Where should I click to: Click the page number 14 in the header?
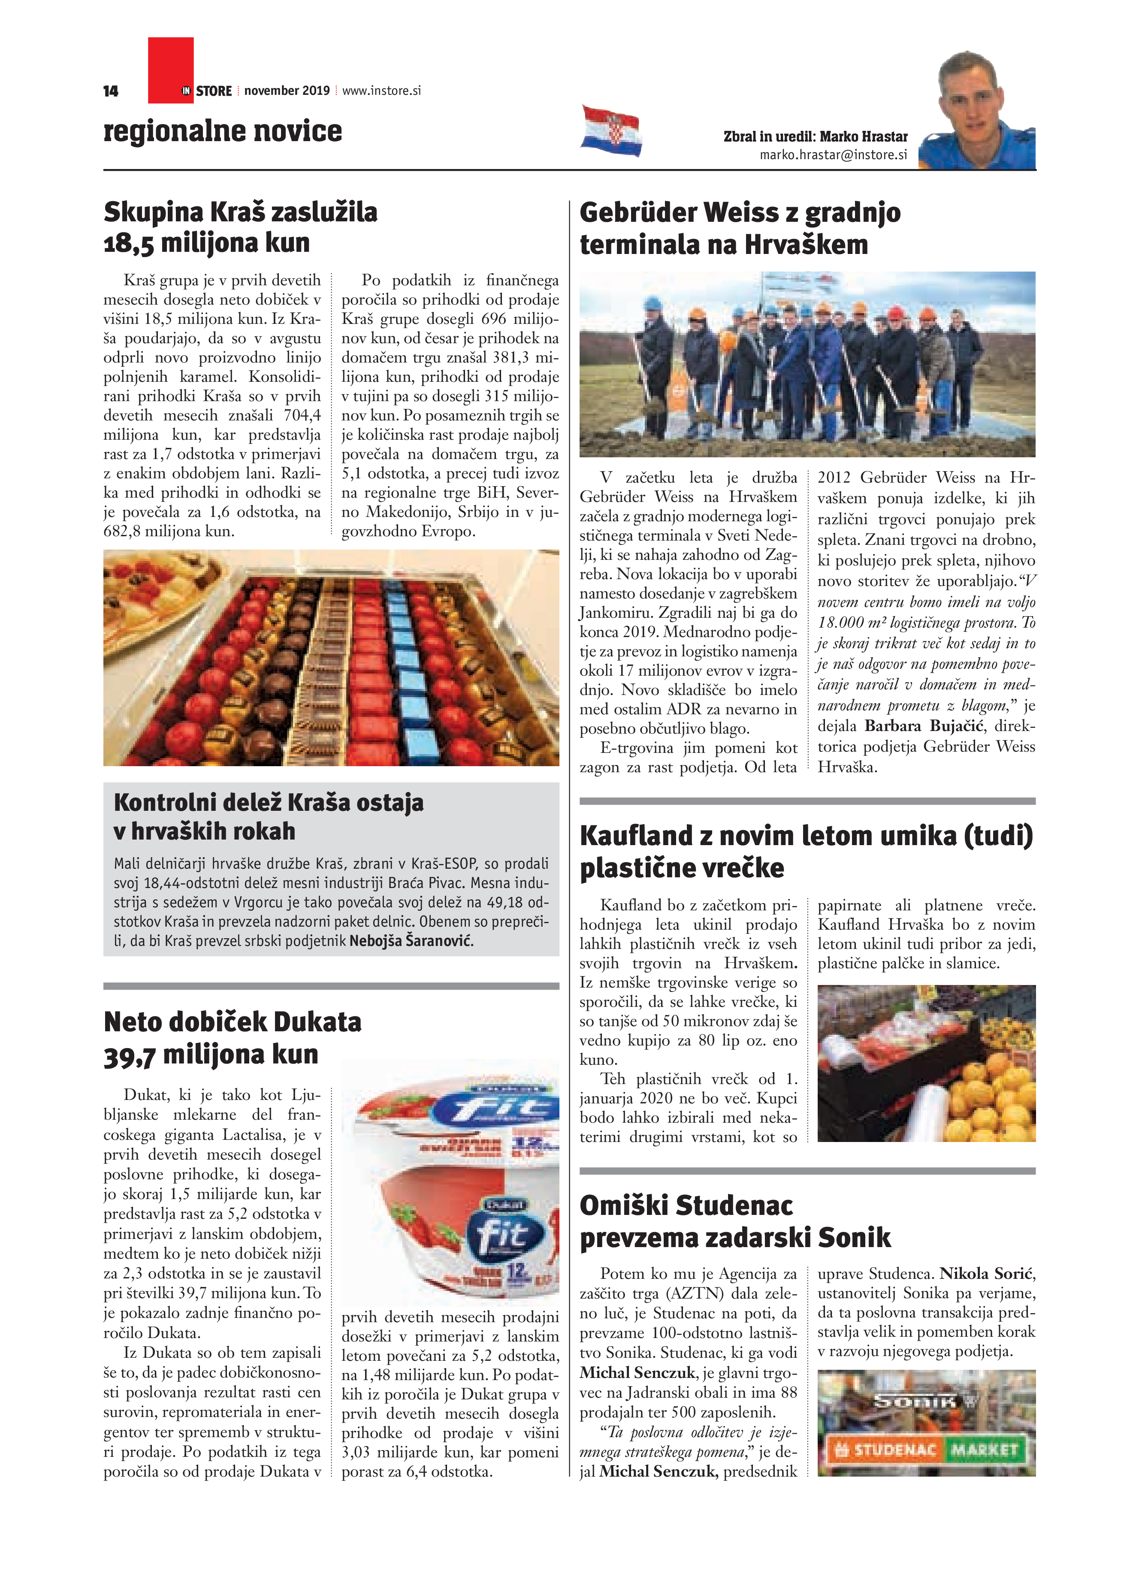tap(111, 91)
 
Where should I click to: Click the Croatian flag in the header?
tap(611, 130)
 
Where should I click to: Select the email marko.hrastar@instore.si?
tap(833, 155)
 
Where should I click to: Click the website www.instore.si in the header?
tap(382, 91)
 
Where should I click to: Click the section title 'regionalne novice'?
tap(223, 131)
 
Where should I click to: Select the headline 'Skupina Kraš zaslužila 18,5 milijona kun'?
tap(240, 227)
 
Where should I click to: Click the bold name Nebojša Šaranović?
tap(411, 941)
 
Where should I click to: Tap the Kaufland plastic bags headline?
tap(806, 851)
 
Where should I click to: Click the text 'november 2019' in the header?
tap(287, 91)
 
